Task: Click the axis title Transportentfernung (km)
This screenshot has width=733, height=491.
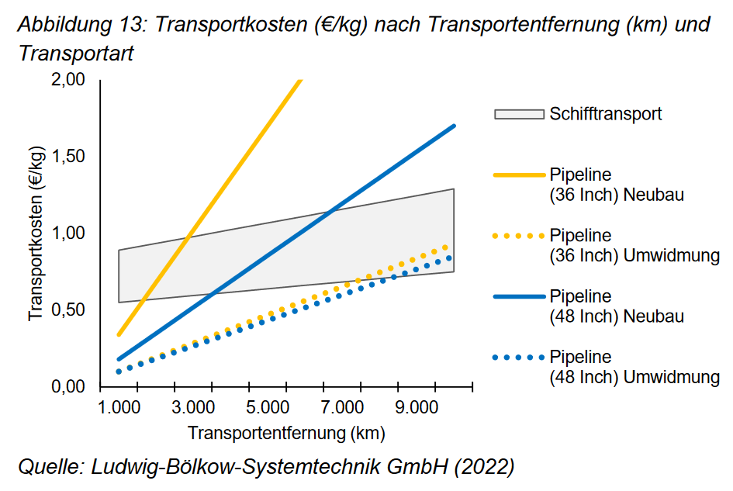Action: point(285,432)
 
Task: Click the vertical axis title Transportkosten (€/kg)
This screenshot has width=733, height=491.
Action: point(36,233)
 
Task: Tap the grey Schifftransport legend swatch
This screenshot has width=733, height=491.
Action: point(519,114)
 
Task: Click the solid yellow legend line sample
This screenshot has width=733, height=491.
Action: point(519,175)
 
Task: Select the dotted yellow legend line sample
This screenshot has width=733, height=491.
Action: point(519,235)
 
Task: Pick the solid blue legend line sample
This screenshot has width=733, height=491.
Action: point(519,296)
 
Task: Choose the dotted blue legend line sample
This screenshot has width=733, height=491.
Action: point(519,357)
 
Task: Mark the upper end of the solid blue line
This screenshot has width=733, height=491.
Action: point(453,126)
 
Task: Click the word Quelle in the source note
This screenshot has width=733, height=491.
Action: point(50,467)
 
